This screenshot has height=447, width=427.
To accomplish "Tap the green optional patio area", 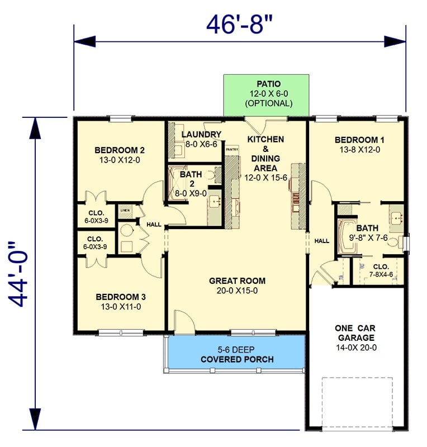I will point(266,94).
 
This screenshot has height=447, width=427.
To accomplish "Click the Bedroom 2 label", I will point(120,154).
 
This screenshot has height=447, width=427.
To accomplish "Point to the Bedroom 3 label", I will point(120,301).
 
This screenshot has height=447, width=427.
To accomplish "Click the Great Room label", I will point(237,285).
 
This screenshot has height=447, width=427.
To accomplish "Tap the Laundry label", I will point(202,139).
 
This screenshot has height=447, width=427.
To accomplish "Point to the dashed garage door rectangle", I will point(357,400).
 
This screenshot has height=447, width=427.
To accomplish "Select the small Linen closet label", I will point(125,211).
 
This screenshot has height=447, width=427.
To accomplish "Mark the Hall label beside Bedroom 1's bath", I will point(321,241).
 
